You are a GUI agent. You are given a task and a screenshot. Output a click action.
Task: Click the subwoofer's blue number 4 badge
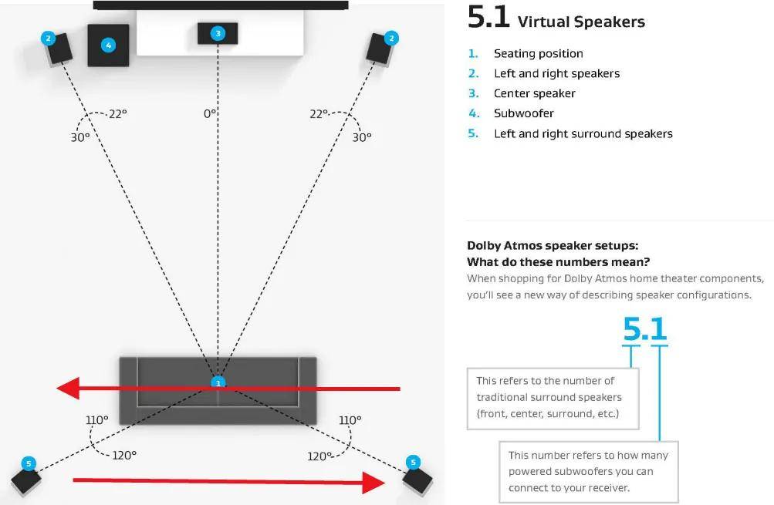pyautogui.click(x=109, y=45)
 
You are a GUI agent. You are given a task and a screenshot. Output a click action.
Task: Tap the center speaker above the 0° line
pyautogui.click(x=218, y=33)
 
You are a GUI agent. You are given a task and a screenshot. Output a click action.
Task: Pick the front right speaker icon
pyautogui.click(x=380, y=49)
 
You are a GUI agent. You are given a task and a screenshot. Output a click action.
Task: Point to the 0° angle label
pyautogui.click(x=210, y=114)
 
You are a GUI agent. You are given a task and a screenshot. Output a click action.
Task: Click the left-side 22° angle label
pyautogui.click(x=118, y=114)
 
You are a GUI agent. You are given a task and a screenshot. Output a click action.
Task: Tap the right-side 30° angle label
pyautogui.click(x=362, y=137)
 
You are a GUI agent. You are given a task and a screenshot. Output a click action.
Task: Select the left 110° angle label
pyautogui.click(x=96, y=420)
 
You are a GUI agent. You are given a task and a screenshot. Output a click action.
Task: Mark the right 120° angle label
pyautogui.click(x=319, y=456)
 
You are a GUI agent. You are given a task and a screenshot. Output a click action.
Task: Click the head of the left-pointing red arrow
pyautogui.click(x=68, y=388)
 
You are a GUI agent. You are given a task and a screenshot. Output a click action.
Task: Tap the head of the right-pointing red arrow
pyautogui.click(x=373, y=483)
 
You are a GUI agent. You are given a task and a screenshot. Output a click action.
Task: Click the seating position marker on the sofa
pyautogui.click(x=218, y=382)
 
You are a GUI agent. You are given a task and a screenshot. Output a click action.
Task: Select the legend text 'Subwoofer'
pyautogui.click(x=524, y=113)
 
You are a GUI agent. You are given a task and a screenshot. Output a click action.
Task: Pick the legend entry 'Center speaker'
pyautogui.click(x=535, y=93)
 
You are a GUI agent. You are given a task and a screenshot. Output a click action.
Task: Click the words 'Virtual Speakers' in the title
pyautogui.click(x=581, y=22)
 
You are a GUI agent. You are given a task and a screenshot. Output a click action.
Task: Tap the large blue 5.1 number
pyautogui.click(x=645, y=329)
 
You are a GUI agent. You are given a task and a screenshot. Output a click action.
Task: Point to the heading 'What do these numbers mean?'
pyautogui.click(x=558, y=261)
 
